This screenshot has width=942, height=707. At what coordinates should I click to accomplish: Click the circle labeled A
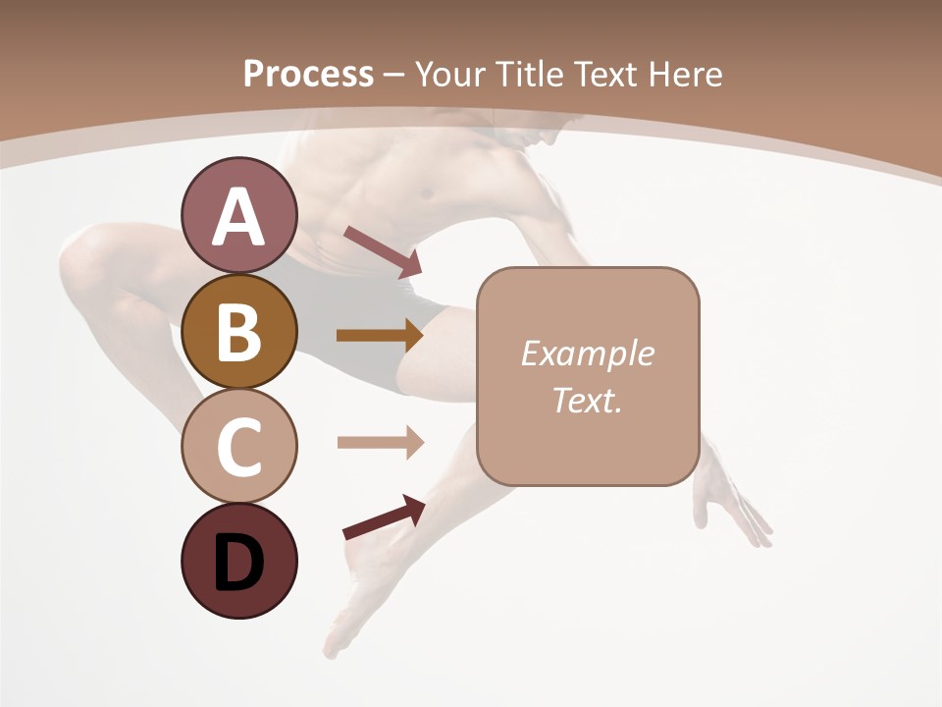click(x=238, y=216)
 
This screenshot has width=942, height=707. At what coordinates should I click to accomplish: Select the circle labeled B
click(x=238, y=331)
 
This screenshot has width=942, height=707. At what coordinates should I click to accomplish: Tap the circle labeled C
click(x=238, y=446)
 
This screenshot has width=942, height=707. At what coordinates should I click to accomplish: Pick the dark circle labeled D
click(x=238, y=561)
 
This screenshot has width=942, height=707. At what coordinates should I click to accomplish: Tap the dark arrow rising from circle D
click(x=384, y=517)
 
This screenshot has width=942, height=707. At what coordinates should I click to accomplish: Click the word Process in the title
click(x=308, y=74)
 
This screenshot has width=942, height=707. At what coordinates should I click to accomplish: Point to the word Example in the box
click(x=587, y=353)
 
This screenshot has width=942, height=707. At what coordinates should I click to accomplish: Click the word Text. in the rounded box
click(x=587, y=400)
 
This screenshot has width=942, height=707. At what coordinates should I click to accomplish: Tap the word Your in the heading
click(x=451, y=74)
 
